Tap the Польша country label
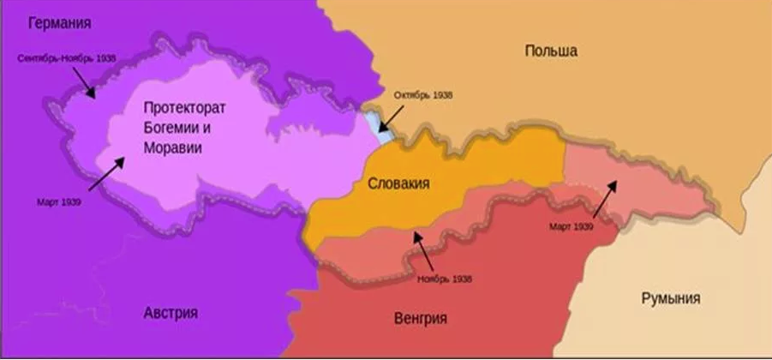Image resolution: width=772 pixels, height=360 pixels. (550, 51)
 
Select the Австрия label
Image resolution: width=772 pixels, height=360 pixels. (171, 312)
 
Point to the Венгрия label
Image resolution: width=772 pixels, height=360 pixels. (421, 318)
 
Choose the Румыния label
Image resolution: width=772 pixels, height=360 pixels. (670, 298)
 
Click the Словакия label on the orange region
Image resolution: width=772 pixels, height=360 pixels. (398, 183)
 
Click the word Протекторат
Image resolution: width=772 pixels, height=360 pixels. (183, 109)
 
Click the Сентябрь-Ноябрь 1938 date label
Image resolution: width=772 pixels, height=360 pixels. (65, 58)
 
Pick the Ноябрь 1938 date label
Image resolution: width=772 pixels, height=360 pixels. (444, 279)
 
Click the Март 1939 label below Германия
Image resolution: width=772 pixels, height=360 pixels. (58, 202)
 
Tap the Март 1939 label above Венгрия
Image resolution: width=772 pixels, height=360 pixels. (571, 226)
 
